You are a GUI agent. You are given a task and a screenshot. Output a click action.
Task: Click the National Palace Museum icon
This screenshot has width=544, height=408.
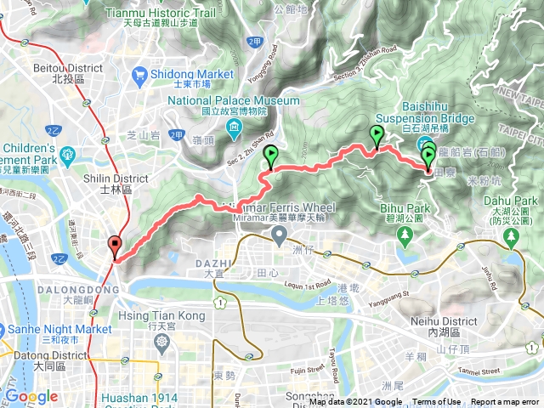(x=234, y=128)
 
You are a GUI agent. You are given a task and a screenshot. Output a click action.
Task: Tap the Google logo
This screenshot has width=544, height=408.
(x=31, y=396)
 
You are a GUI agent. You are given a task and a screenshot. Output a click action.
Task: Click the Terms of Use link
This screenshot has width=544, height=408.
(x=436, y=402)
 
